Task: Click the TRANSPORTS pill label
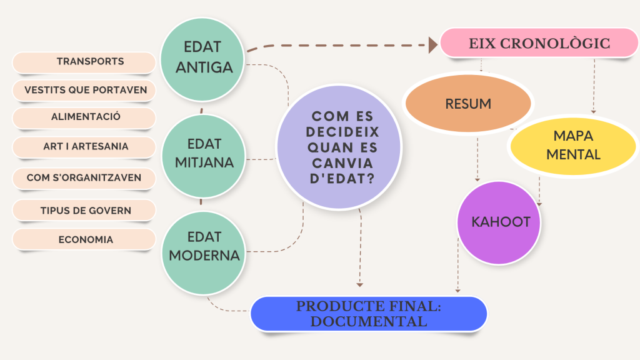click(x=84, y=62)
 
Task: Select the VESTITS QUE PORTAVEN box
click(x=84, y=90)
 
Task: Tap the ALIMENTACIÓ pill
click(x=84, y=117)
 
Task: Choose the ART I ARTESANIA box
click(x=84, y=146)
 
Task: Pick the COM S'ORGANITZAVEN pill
click(x=84, y=177)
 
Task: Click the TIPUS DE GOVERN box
click(x=84, y=210)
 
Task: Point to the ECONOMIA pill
click(x=84, y=239)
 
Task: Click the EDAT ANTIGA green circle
click(x=203, y=58)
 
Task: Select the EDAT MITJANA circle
click(x=203, y=154)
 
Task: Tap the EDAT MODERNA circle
click(x=203, y=247)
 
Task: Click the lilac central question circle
click(x=339, y=147)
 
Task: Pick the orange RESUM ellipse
click(x=467, y=104)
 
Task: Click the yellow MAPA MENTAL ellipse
click(x=572, y=145)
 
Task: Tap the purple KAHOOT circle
click(x=499, y=222)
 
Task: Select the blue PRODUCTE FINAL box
click(x=369, y=314)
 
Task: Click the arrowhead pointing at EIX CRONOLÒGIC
click(x=432, y=44)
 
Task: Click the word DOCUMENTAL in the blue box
click(x=369, y=322)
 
